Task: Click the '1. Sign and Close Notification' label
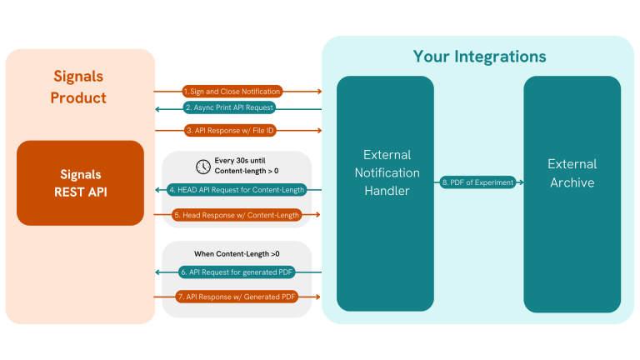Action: [232, 91]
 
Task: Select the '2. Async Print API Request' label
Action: [229, 107]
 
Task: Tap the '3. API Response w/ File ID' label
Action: [231, 130]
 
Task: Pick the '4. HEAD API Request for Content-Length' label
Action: [237, 189]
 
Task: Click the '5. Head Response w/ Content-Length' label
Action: [236, 214]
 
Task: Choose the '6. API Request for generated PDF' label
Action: [237, 272]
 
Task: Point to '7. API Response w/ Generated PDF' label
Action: [237, 296]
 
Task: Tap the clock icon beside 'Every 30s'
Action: [202, 165]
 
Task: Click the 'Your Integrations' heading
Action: [479, 57]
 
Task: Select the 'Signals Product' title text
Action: [79, 86]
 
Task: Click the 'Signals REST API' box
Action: [80, 182]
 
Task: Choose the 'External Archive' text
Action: [572, 173]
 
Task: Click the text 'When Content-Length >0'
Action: [237, 252]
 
